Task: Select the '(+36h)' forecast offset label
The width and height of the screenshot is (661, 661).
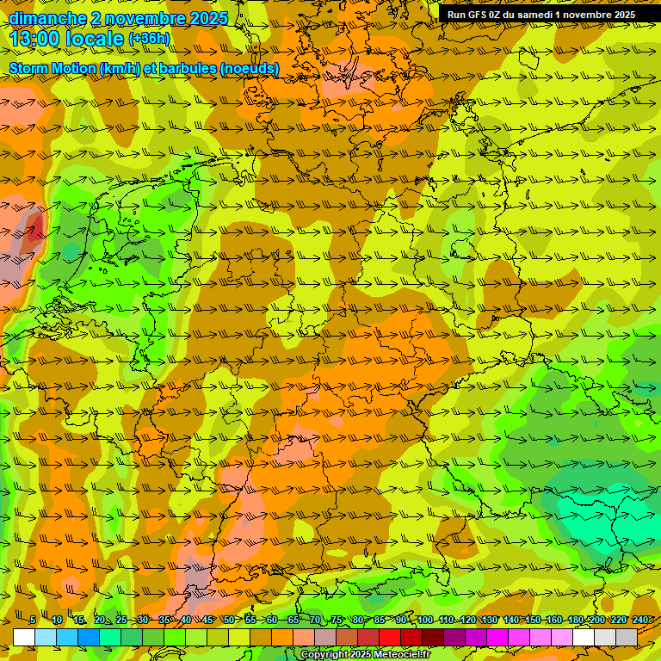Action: (149, 39)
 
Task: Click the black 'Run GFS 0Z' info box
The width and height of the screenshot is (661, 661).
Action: (541, 15)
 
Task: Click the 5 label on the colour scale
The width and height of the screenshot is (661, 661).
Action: (33, 621)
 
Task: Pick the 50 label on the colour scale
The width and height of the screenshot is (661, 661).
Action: (228, 621)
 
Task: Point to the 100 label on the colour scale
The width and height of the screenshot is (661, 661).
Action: (424, 621)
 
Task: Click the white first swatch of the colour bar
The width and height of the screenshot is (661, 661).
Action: (24, 637)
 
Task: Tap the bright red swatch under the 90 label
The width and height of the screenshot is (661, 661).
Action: (390, 637)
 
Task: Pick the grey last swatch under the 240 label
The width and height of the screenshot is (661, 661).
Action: (627, 637)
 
